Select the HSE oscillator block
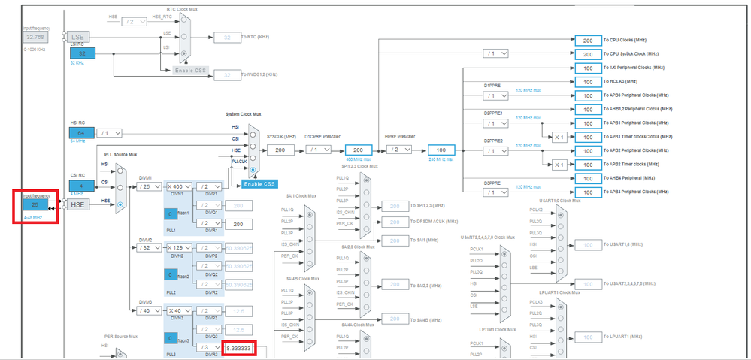pyautogui.click(x=78, y=204)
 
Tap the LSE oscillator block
pyautogui.click(x=78, y=36)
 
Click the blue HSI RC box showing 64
pyautogui.click(x=82, y=133)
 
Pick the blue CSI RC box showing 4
pyautogui.click(x=82, y=186)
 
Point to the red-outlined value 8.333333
pyautogui.click(x=240, y=349)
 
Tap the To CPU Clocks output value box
pyautogui.click(x=588, y=40)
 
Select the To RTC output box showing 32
pyautogui.click(x=226, y=37)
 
